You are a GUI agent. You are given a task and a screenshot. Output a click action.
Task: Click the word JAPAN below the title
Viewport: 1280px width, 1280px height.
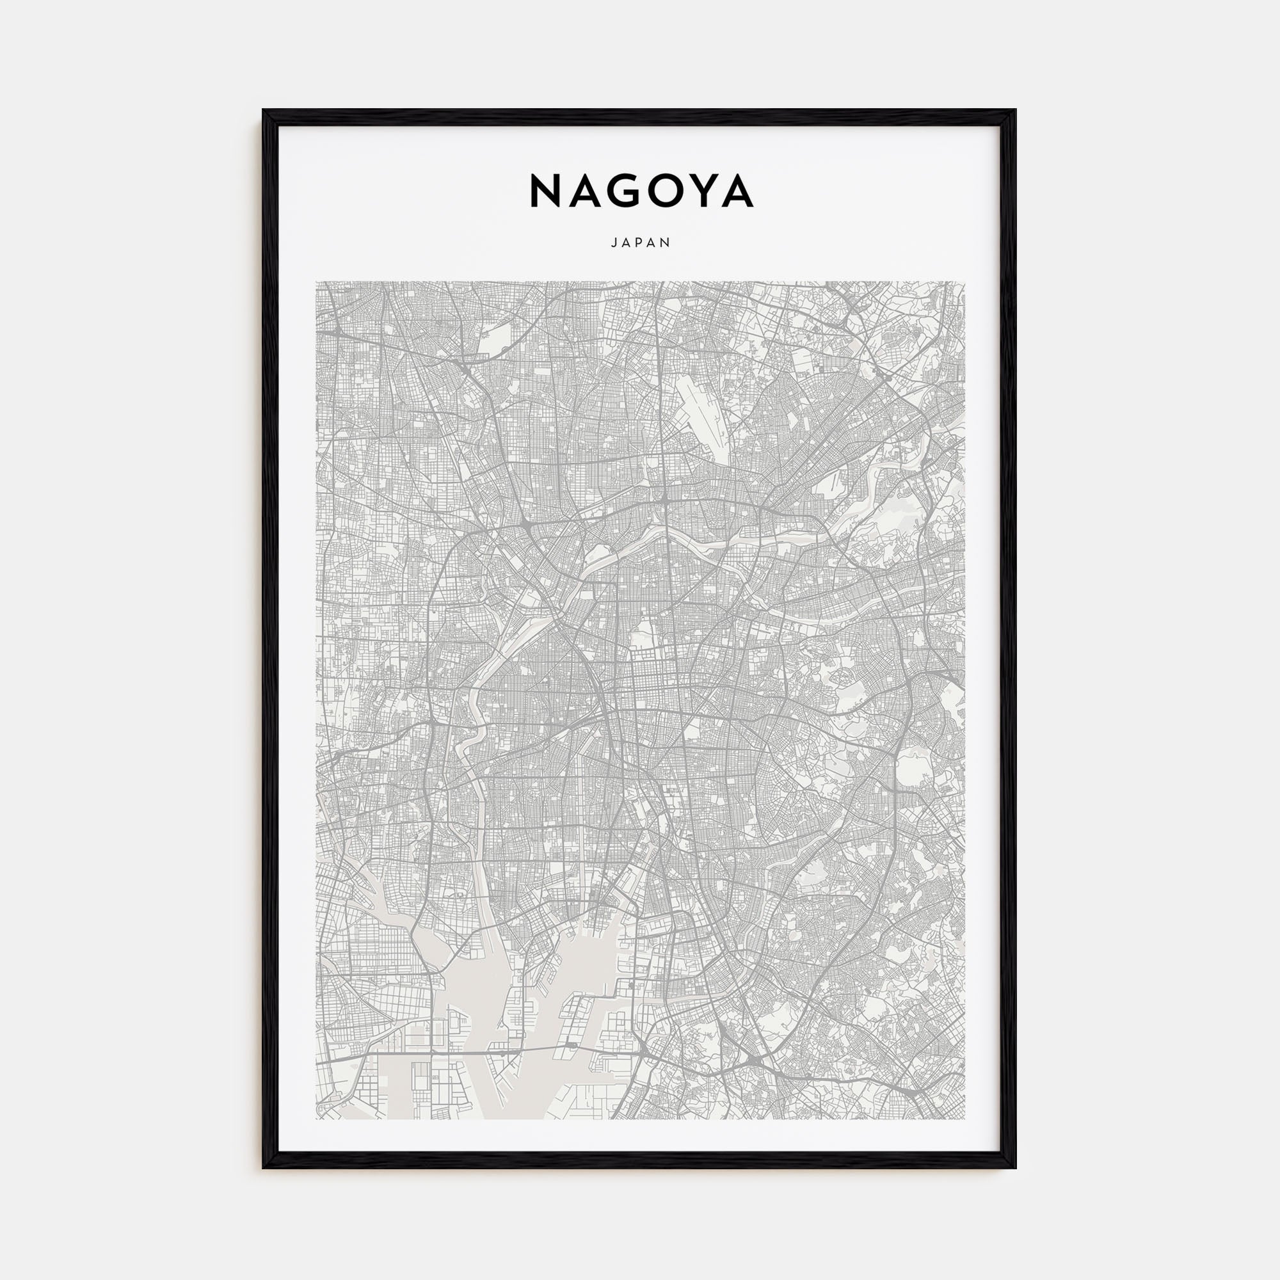641,243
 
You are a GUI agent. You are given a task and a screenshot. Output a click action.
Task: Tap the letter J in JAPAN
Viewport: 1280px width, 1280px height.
613,243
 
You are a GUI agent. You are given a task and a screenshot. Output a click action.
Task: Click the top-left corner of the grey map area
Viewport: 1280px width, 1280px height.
316,282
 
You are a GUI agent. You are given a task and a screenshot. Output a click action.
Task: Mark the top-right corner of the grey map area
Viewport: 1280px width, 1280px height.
964,282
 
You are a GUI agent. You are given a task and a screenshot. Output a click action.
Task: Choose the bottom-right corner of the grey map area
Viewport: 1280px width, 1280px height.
964,1119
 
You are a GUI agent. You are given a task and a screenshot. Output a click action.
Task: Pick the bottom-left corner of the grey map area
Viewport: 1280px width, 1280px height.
316,1119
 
